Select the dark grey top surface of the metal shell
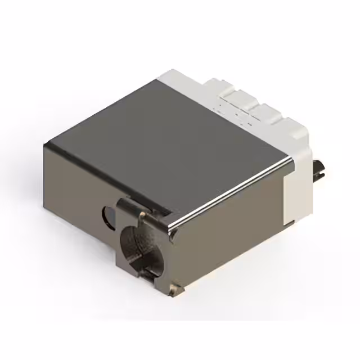tap(169, 141)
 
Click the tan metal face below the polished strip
tap(225, 236)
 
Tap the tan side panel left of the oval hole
tap(73, 186)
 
